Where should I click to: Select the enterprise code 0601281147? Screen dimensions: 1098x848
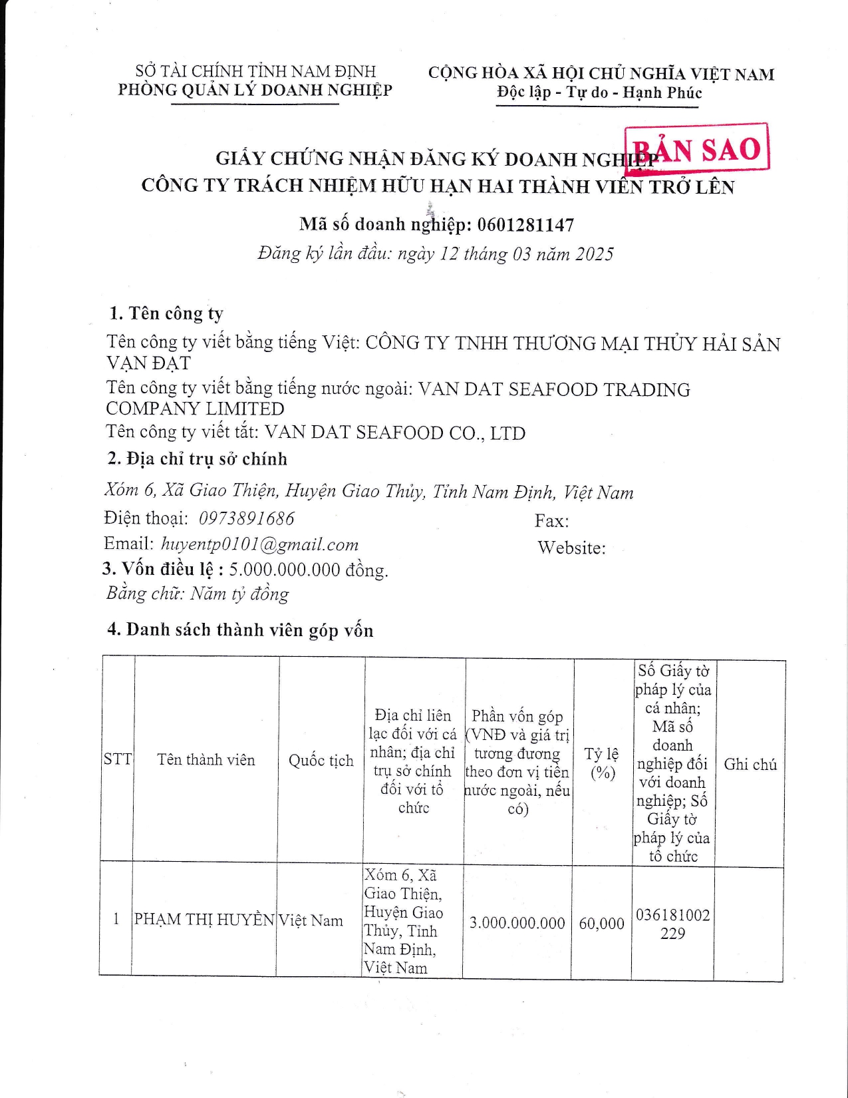pyautogui.click(x=525, y=225)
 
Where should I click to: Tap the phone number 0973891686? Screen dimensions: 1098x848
pyautogui.click(x=247, y=518)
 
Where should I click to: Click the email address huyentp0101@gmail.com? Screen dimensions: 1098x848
pyautogui.click(x=260, y=544)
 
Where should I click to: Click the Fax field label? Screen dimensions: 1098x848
pyautogui.click(x=551, y=521)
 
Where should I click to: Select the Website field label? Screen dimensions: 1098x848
pyautogui.click(x=571, y=548)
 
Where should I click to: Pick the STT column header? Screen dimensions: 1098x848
pyautogui.click(x=118, y=759)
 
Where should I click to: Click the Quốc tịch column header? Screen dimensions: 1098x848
pyautogui.click(x=321, y=761)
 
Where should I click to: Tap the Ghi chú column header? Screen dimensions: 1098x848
pyautogui.click(x=750, y=764)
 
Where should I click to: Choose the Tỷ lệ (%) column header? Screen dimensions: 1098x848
pyautogui.click(x=602, y=763)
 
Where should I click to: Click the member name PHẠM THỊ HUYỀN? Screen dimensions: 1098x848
pyautogui.click(x=204, y=920)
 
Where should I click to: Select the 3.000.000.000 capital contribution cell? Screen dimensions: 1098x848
pyautogui.click(x=517, y=922)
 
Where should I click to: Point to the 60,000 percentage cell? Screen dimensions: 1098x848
pyautogui.click(x=601, y=923)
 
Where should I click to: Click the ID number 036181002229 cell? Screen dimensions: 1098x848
pyautogui.click(x=672, y=924)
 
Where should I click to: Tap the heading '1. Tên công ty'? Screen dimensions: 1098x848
pyautogui.click(x=166, y=313)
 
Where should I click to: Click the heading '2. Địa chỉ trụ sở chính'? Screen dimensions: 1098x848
pyautogui.click(x=198, y=459)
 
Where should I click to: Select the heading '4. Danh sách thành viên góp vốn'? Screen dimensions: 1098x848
pyautogui.click(x=240, y=630)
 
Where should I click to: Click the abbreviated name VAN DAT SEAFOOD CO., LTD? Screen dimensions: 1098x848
pyautogui.click(x=395, y=433)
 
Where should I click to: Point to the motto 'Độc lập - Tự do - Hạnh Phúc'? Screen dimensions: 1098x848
pyautogui.click(x=599, y=92)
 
